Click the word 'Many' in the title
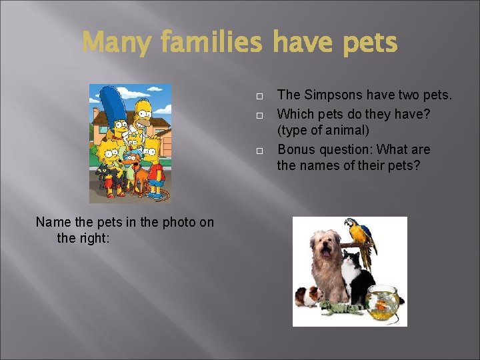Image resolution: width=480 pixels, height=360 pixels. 117,43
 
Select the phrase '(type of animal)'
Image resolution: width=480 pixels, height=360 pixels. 323,130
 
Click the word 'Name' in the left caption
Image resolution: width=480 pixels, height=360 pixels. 52,222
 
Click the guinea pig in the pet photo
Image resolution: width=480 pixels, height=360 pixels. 308,295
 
